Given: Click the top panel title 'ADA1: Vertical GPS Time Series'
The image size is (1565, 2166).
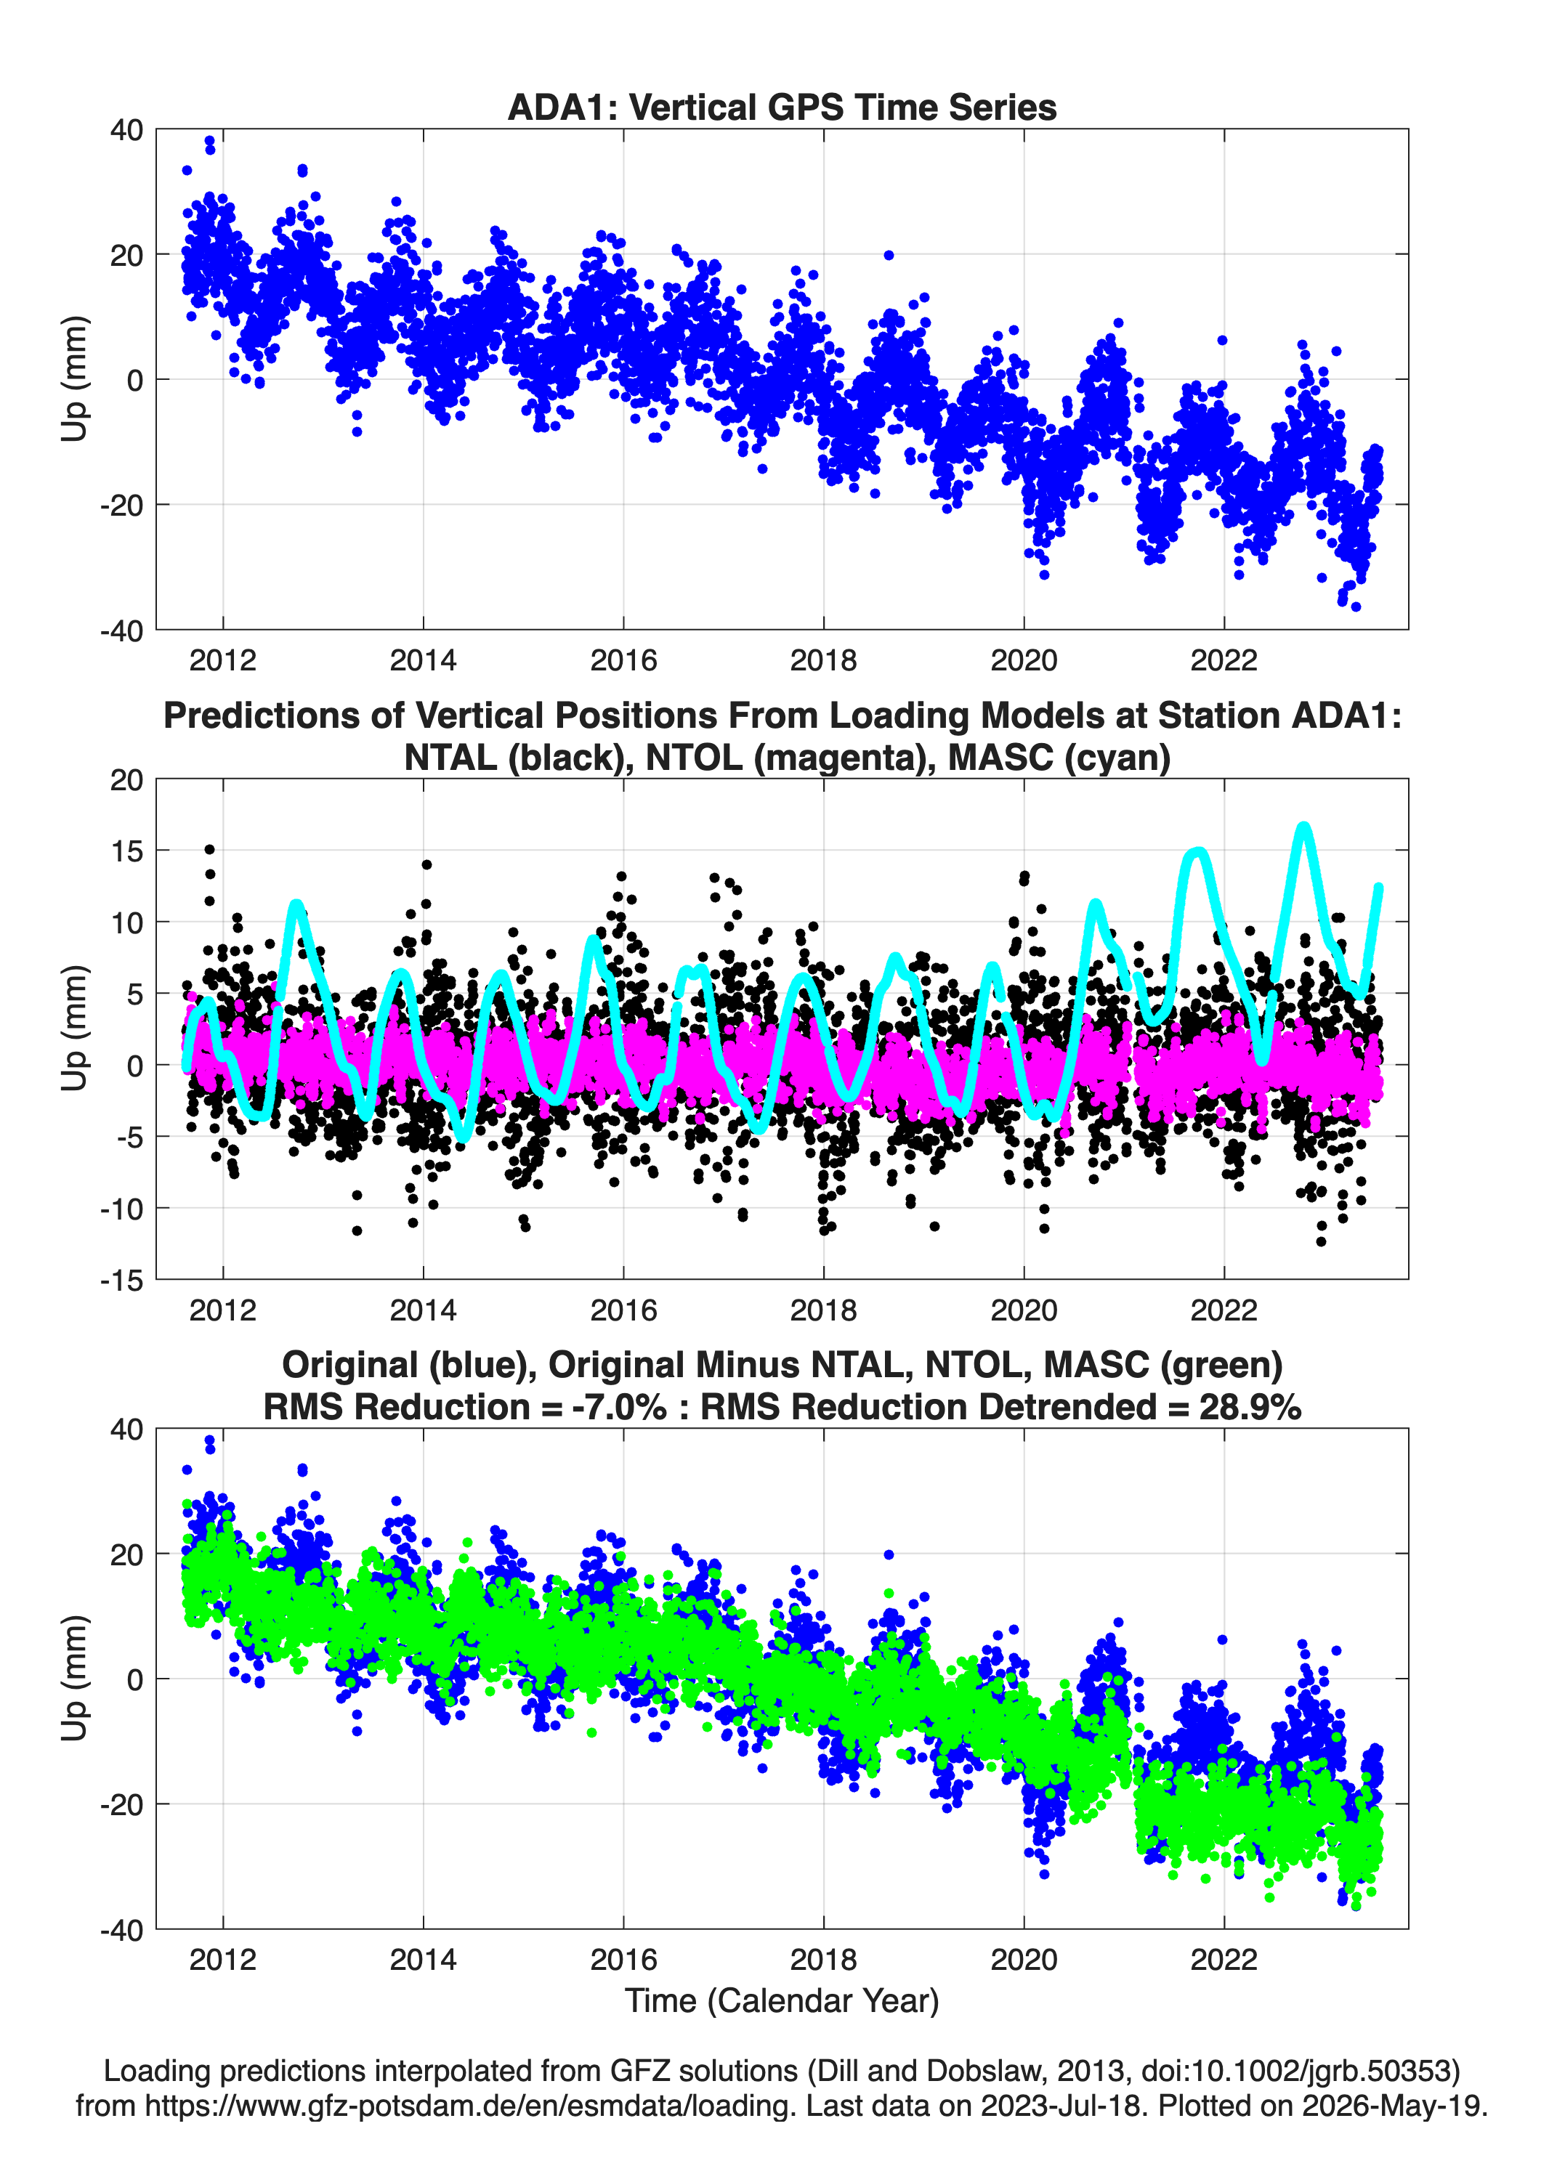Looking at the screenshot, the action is coord(782,107).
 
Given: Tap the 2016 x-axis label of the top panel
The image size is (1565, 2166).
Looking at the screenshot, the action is coord(623,660).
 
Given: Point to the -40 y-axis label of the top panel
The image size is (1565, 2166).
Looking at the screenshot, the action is coord(121,630).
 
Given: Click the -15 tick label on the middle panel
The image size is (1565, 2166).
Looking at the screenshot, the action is coord(121,1280).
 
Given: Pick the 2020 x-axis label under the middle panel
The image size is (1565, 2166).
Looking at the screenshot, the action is coord(1023,1310).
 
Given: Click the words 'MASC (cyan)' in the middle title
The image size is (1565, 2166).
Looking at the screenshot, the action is coord(1059,758).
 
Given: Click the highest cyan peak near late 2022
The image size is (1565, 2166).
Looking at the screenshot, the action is coord(1304,826).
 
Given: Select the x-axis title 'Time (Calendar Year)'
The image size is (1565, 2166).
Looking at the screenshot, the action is coord(782,2001).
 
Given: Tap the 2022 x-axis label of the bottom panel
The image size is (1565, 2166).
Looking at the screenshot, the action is coord(1224,1960).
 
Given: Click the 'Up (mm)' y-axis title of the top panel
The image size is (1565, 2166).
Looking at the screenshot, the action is coord(75,379).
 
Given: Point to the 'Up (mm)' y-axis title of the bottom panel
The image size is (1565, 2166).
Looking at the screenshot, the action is coord(75,1679).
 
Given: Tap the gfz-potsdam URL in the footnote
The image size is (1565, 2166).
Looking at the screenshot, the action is coord(470,2106).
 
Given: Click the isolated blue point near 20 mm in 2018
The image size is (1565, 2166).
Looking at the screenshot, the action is coord(889,255).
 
